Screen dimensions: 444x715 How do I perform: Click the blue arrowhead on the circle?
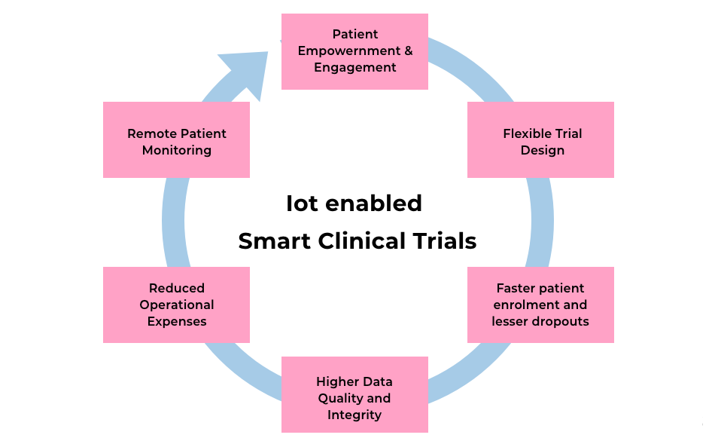point(247,71)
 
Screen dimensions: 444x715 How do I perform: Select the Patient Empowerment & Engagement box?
point(354,51)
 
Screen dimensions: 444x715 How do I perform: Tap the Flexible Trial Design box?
point(540,140)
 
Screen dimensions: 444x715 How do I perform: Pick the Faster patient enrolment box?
point(540,305)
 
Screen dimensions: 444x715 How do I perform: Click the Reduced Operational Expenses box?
point(176,305)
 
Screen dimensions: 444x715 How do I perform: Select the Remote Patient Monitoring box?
point(176,140)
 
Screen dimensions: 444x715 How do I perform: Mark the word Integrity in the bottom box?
point(354,415)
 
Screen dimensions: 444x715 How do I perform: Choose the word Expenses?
point(176,321)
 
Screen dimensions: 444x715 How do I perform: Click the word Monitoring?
point(176,149)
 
